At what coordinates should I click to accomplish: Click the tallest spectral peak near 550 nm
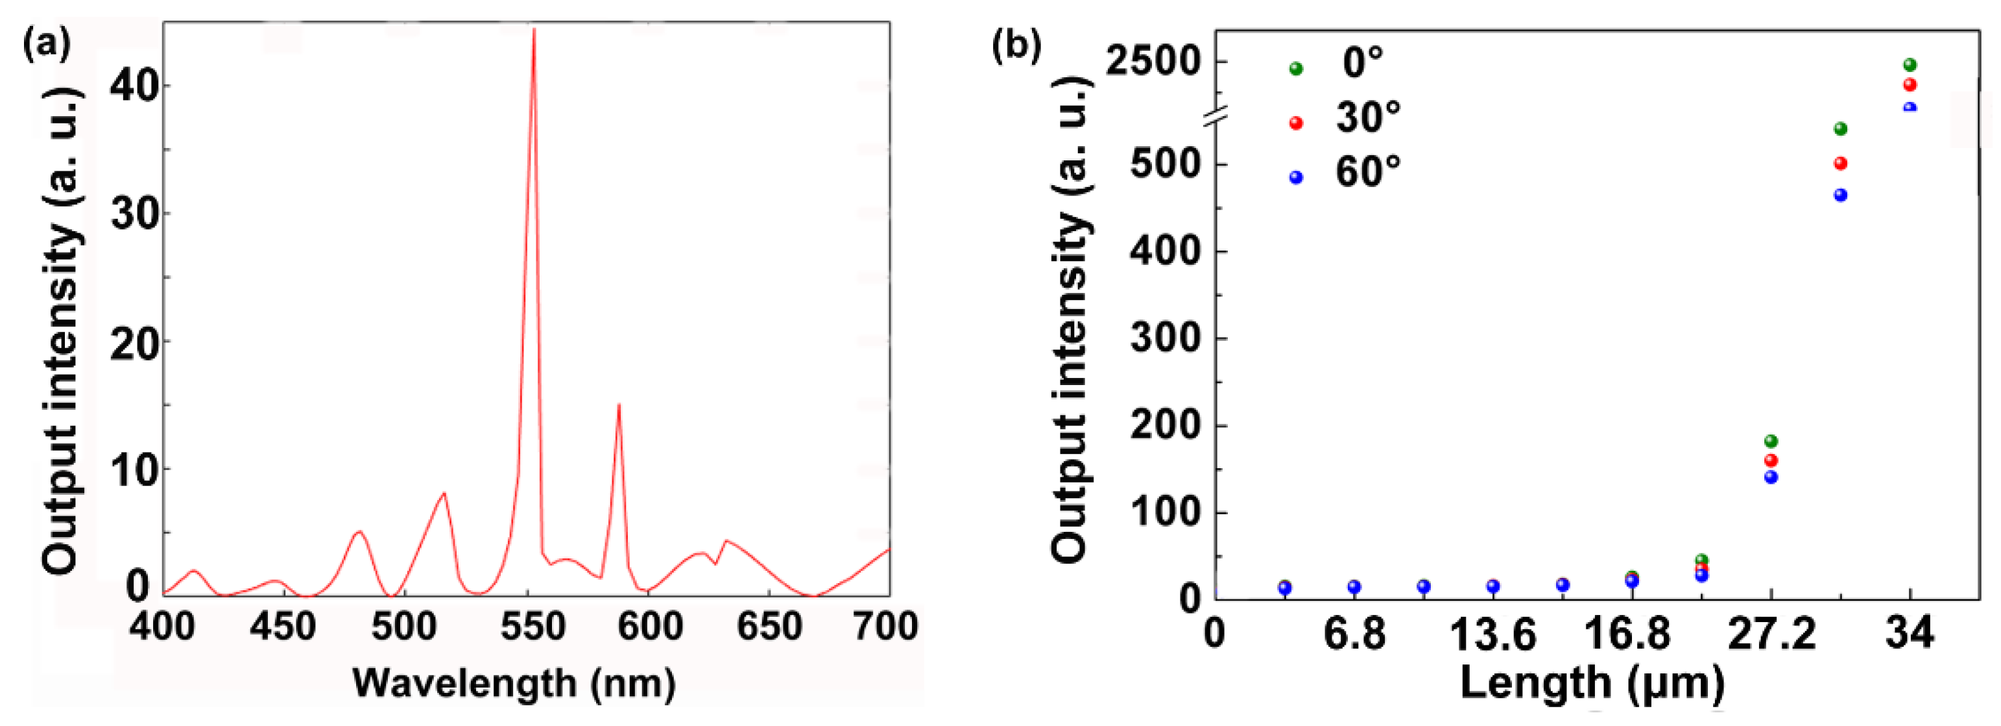pyautogui.click(x=534, y=31)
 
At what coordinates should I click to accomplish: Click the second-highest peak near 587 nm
pyautogui.click(x=618, y=405)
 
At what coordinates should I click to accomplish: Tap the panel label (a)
pyautogui.click(x=47, y=45)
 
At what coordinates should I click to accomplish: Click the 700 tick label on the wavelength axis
pyautogui.click(x=885, y=627)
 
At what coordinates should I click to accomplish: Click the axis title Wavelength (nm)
pyautogui.click(x=514, y=684)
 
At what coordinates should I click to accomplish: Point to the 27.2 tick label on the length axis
pyautogui.click(x=1771, y=634)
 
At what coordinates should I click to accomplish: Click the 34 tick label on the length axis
pyautogui.click(x=1910, y=634)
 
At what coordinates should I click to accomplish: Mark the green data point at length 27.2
pyautogui.click(x=1771, y=442)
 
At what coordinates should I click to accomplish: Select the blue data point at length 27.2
pyautogui.click(x=1771, y=477)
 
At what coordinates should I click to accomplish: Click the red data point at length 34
pyautogui.click(x=1910, y=84)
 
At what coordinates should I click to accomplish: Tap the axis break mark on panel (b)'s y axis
pyautogui.click(x=1216, y=117)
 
